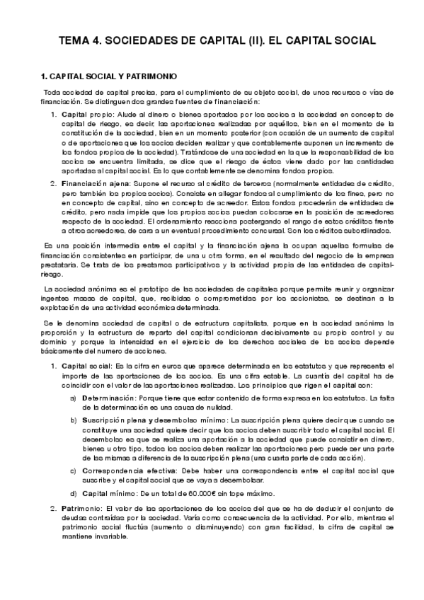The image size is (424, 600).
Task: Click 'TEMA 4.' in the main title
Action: (79, 40)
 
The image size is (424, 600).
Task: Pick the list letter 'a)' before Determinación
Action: (74, 399)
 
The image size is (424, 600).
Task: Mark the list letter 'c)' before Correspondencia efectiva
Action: (74, 471)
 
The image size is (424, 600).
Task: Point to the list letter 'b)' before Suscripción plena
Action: (74, 420)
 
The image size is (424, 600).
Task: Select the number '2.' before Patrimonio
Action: (55, 509)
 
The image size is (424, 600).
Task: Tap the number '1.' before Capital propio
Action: (55, 113)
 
